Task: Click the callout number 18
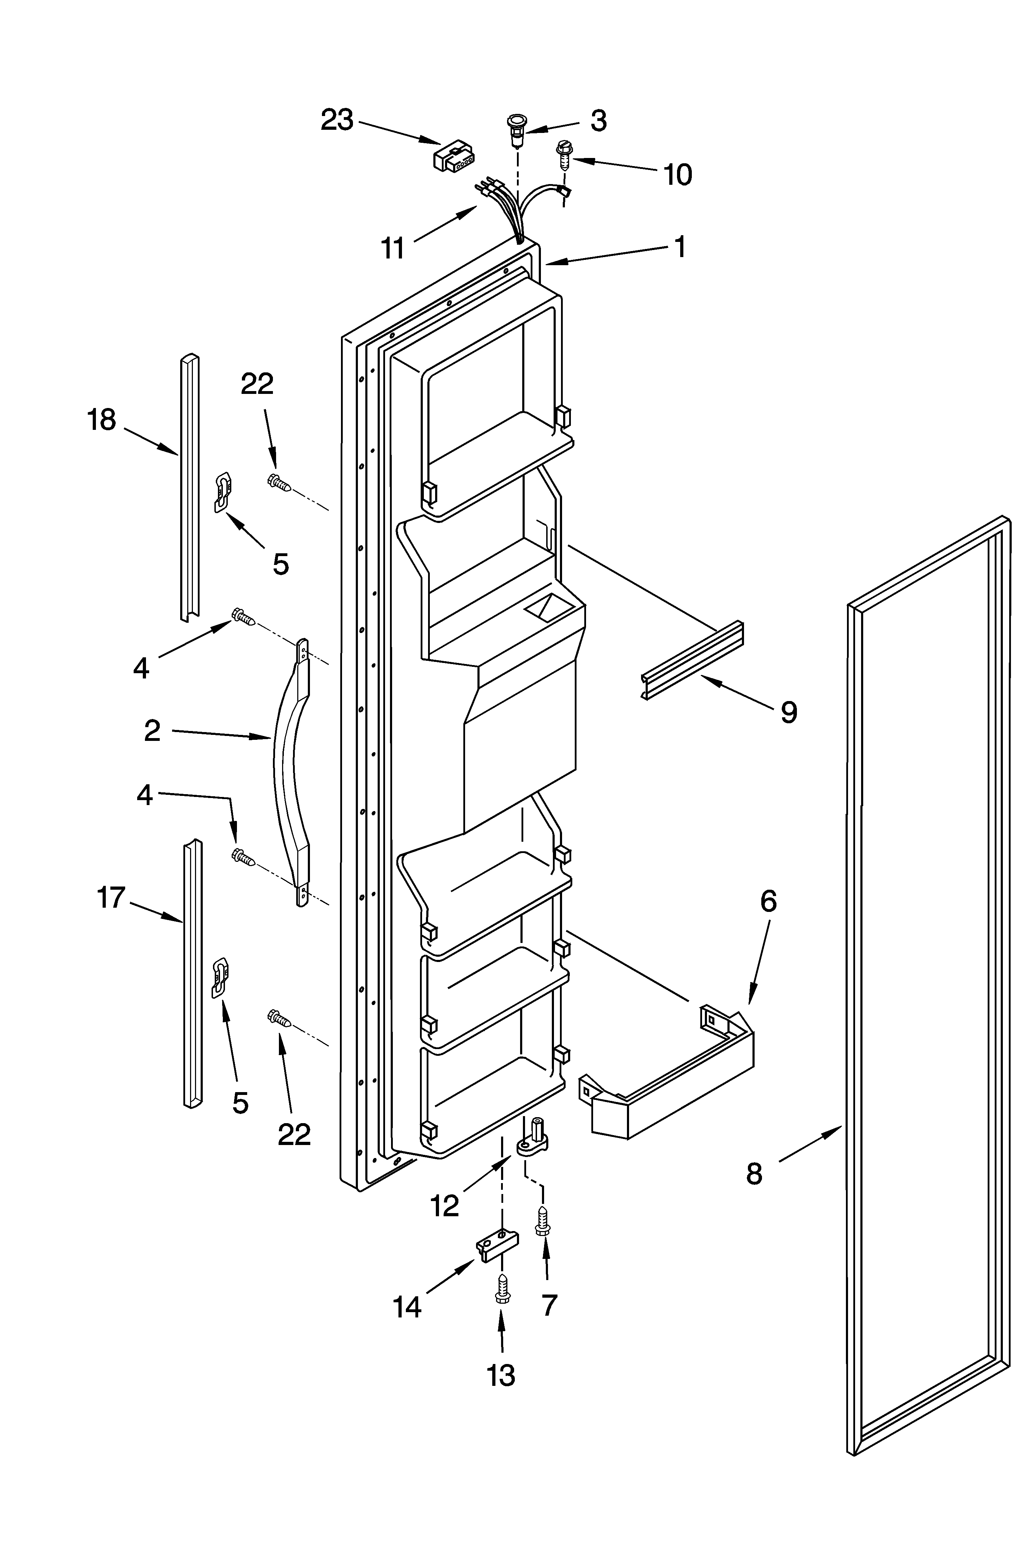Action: pyautogui.click(x=102, y=420)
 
